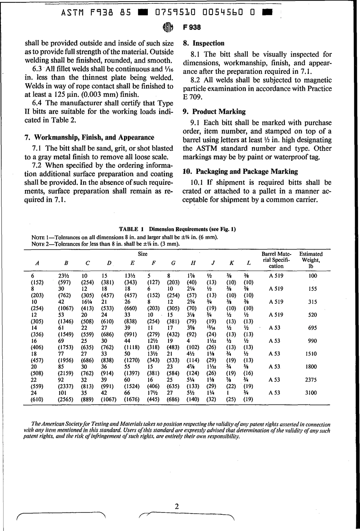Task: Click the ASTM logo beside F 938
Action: coord(167,28)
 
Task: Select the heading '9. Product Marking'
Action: coord(214,112)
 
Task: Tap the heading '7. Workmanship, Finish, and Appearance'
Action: coord(89,137)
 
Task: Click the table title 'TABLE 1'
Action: coord(131,229)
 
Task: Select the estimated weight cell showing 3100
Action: coord(311,393)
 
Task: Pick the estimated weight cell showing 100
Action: coord(312,276)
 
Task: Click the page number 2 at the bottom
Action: coord(177,506)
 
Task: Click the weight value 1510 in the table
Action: coord(311,354)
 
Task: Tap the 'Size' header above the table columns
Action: coord(142,254)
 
